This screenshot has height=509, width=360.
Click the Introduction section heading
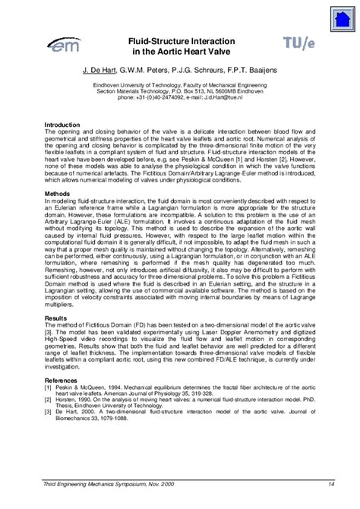point(63,124)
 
